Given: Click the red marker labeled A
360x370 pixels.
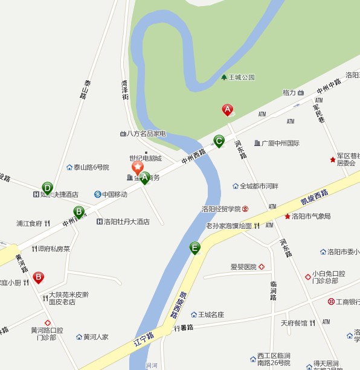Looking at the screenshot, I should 228,110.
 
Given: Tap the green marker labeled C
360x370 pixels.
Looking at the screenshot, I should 219,141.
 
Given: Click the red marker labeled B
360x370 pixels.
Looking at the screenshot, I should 38,278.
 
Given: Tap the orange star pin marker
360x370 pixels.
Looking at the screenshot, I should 138,167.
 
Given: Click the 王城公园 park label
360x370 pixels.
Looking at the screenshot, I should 241,77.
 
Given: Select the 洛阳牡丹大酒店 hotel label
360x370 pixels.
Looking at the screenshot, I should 126,222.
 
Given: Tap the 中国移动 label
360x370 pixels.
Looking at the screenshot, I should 114,194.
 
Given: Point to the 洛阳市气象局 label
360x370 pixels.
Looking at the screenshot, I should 310,216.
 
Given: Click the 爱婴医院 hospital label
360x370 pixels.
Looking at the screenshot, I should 243,267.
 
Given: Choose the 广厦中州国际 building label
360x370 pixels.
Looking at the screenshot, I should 280,143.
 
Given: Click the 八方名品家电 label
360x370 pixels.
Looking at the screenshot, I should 146,133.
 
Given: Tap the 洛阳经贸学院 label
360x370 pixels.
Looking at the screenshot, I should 221,209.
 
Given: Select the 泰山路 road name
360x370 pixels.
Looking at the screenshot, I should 85,88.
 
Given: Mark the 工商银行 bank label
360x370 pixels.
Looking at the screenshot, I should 347,301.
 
